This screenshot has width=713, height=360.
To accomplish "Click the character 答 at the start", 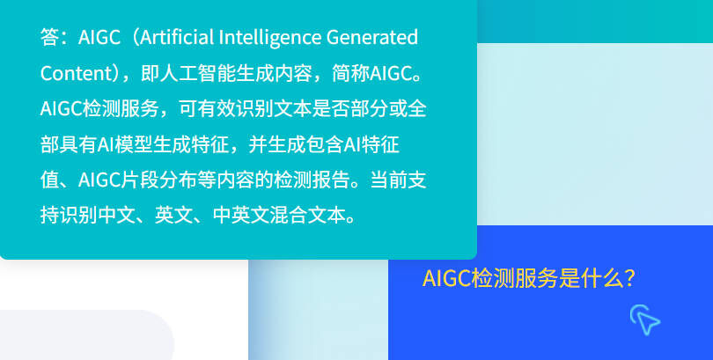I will [49, 38].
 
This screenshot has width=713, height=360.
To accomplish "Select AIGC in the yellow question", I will [446, 279].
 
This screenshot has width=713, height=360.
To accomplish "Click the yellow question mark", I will [628, 279].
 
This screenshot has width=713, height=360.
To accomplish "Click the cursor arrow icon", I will [645, 320].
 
